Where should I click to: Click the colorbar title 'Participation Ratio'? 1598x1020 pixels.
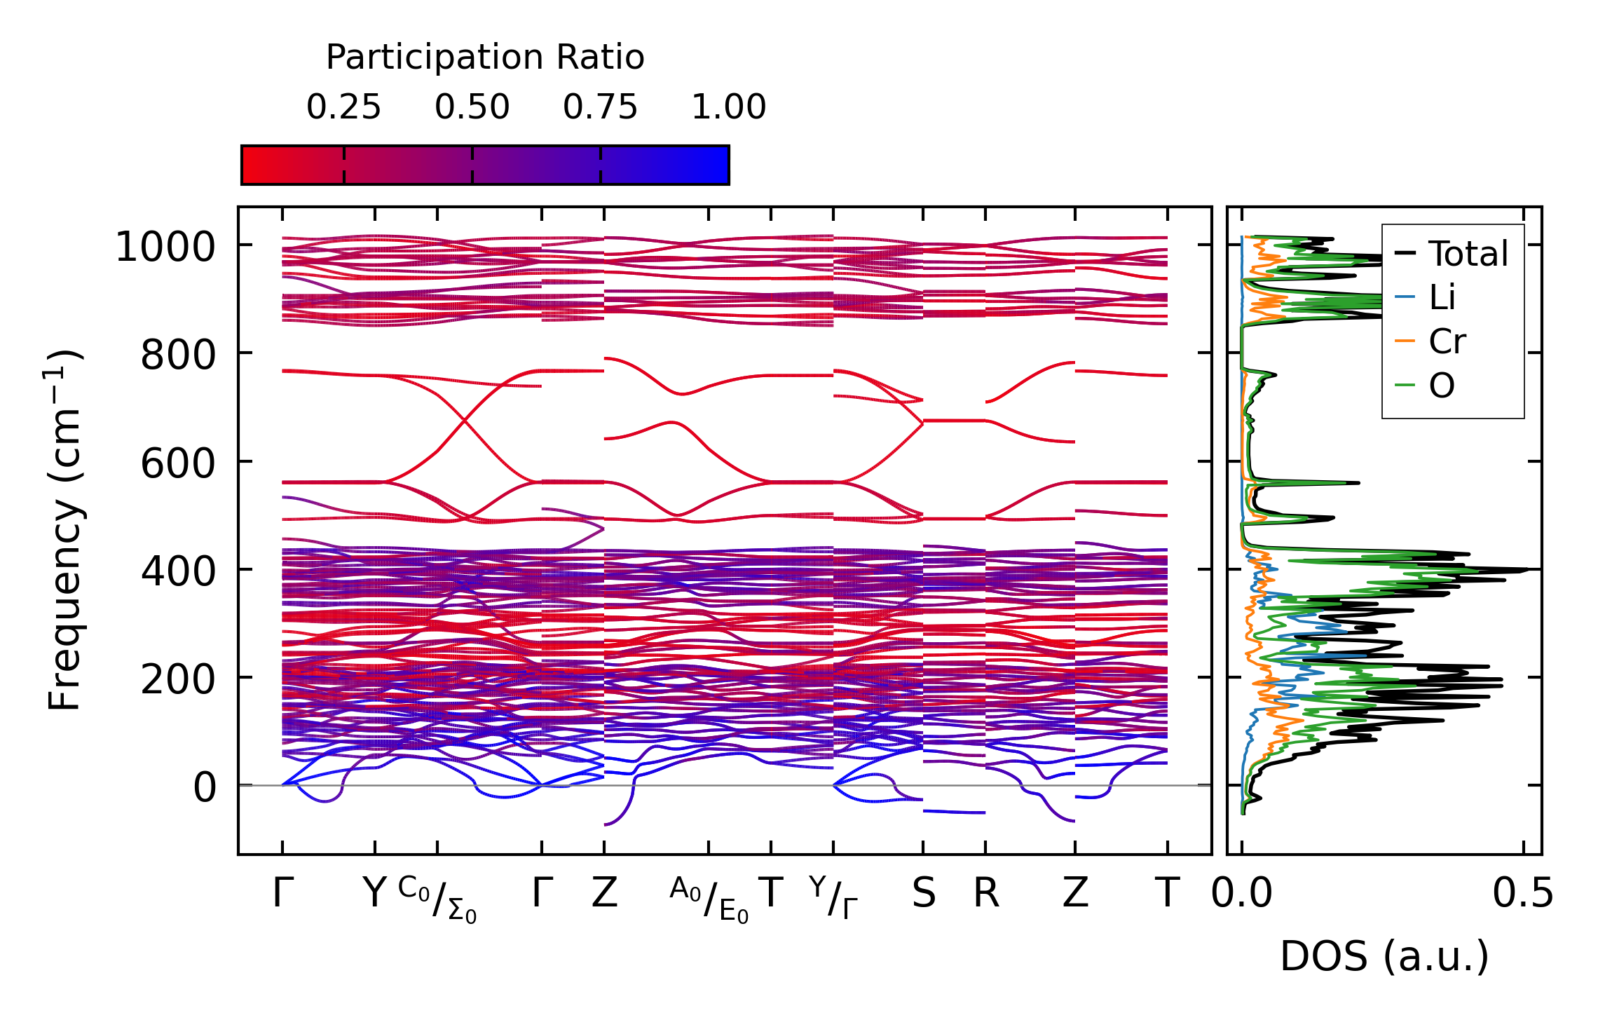(x=485, y=57)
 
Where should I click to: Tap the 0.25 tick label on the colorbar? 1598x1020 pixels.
(x=343, y=107)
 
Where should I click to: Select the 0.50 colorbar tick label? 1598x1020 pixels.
(x=472, y=107)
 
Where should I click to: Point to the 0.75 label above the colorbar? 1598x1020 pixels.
(x=600, y=107)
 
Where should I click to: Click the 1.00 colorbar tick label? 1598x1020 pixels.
(x=728, y=107)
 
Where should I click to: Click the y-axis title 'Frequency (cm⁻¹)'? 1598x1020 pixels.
(x=65, y=531)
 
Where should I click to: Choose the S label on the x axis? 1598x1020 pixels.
(x=923, y=894)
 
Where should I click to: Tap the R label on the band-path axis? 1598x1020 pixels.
(x=985, y=894)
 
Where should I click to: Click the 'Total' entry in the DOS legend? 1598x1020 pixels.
(x=1468, y=254)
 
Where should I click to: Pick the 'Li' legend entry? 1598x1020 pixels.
(x=1442, y=298)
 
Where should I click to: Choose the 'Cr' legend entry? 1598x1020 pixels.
(x=1447, y=342)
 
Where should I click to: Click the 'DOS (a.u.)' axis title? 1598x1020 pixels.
(x=1384, y=957)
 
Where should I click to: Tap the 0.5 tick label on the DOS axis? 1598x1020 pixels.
(x=1523, y=894)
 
